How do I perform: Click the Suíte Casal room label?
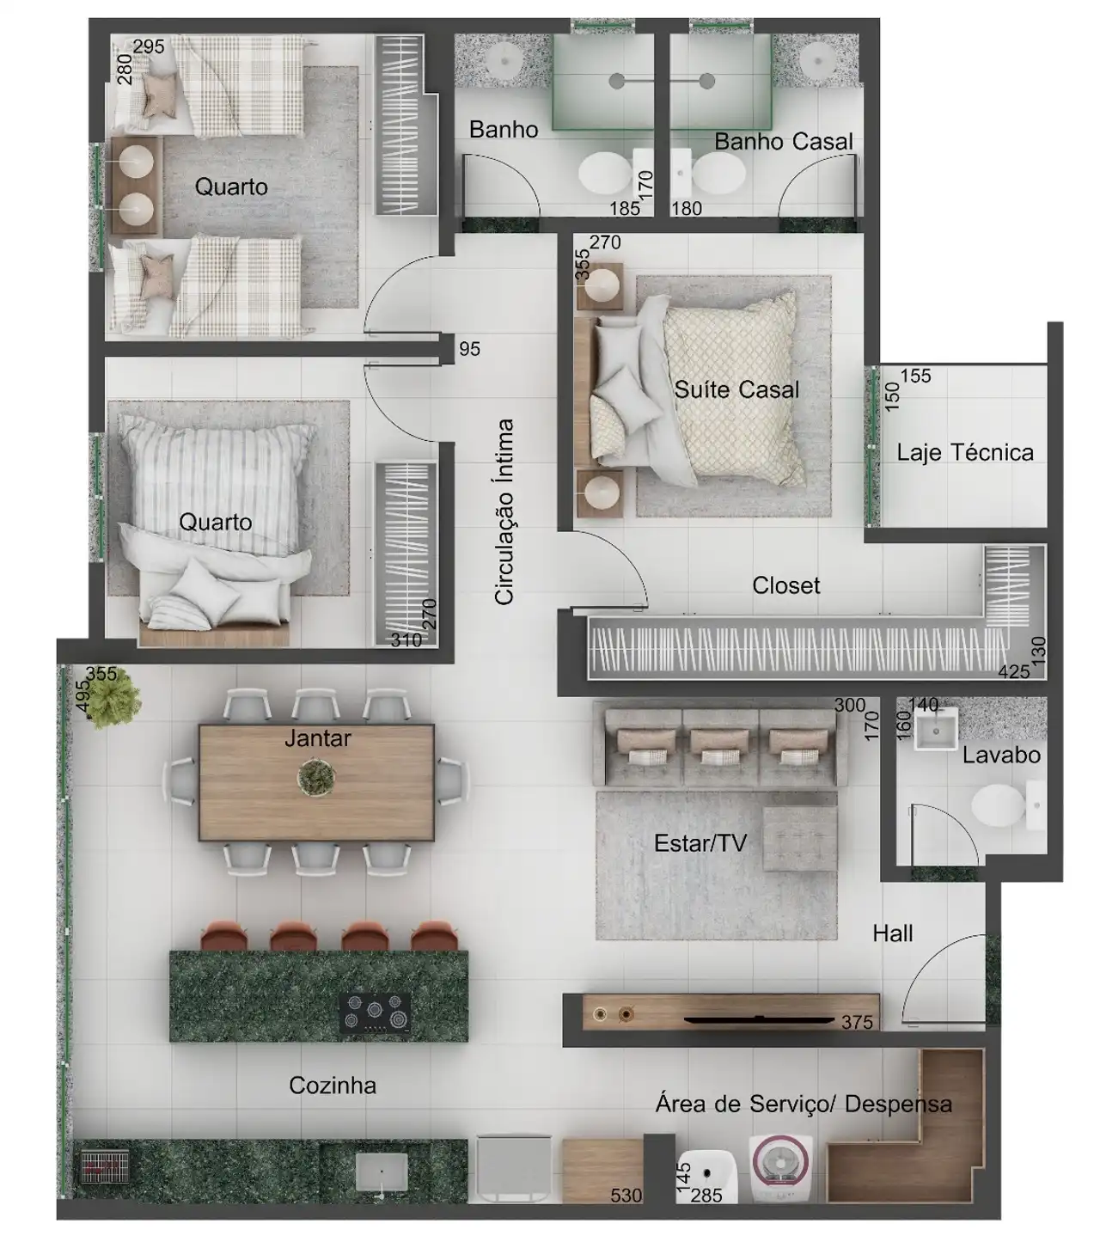pos(736,390)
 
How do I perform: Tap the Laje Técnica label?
pos(964,453)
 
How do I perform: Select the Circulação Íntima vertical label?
pos(504,511)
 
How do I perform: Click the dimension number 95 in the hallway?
pos(469,349)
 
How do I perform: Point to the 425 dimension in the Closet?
pos(1013,671)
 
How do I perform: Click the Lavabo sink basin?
pos(936,728)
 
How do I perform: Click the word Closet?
pos(785,585)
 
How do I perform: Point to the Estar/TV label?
pos(700,843)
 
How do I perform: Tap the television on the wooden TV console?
pos(758,1019)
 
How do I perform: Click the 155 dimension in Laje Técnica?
pos(915,376)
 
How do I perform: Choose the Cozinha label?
pos(333,1086)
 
